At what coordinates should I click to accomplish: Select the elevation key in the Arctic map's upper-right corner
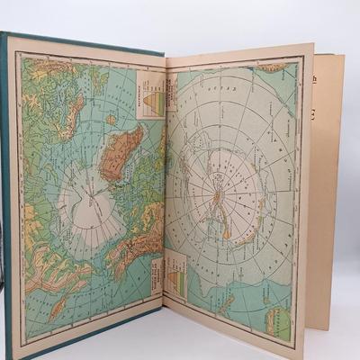pos(151,94)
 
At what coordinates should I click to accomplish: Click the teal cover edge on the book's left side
pos(7,180)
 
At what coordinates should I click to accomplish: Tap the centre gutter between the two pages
pos(164,189)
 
